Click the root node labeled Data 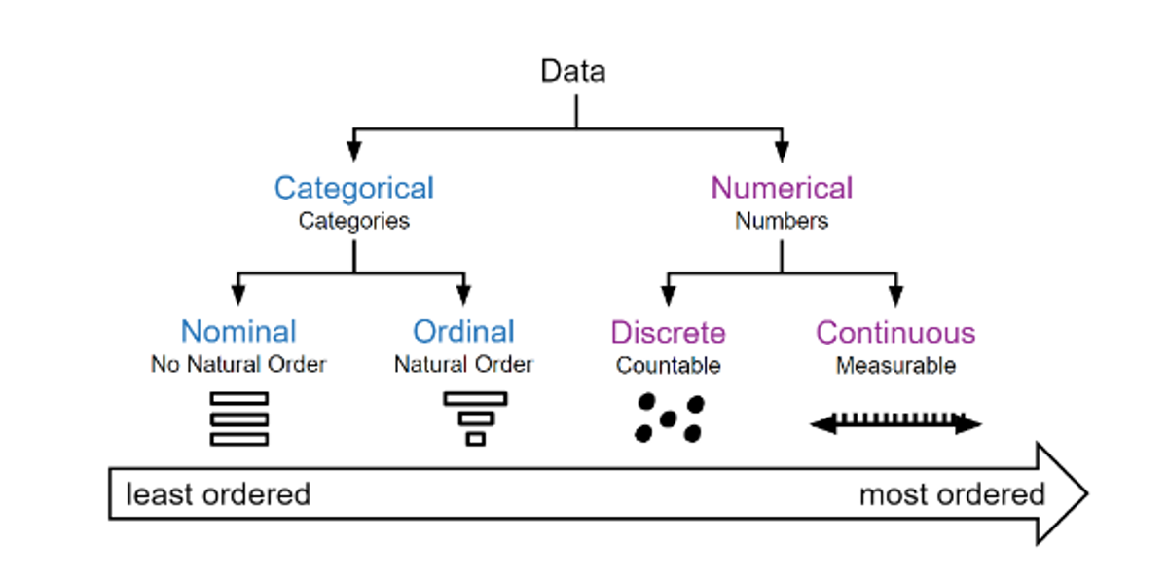(x=573, y=72)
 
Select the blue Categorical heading (x=353, y=188)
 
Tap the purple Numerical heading (x=782, y=188)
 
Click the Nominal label (x=238, y=332)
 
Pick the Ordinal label (x=463, y=332)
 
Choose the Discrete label (x=668, y=333)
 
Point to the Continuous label (x=895, y=333)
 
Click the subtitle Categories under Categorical (x=353, y=221)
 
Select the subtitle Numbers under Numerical (x=782, y=221)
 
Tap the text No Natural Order (x=238, y=365)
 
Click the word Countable (x=668, y=366)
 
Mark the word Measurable (x=895, y=366)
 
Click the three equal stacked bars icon (x=238, y=418)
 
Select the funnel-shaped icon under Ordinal (x=475, y=418)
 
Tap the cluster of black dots (x=669, y=418)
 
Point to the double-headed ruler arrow (x=895, y=423)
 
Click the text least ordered (x=217, y=494)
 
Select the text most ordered (x=951, y=494)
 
